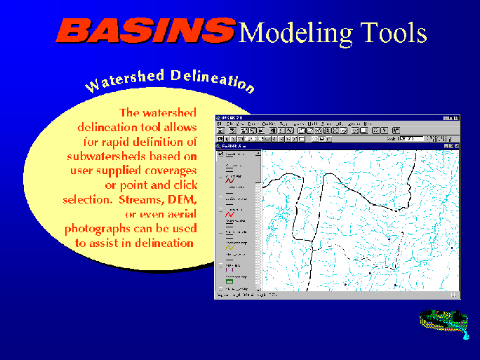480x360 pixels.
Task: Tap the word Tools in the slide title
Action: point(392,32)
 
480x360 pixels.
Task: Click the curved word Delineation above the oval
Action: point(211,79)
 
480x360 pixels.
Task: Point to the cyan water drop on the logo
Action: point(465,337)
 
